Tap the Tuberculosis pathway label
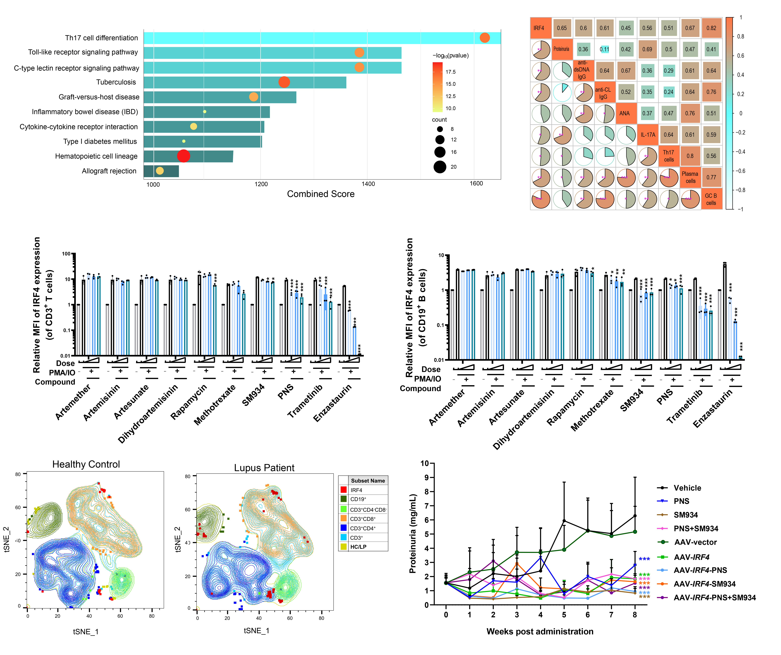pos(116,82)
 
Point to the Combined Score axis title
pos(321,194)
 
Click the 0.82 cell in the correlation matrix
pos(711,28)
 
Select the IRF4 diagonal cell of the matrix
pos(540,28)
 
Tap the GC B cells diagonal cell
pos(711,199)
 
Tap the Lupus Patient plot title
pos(264,468)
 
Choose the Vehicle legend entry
pos(687,488)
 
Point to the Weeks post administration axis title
pos(540,632)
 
